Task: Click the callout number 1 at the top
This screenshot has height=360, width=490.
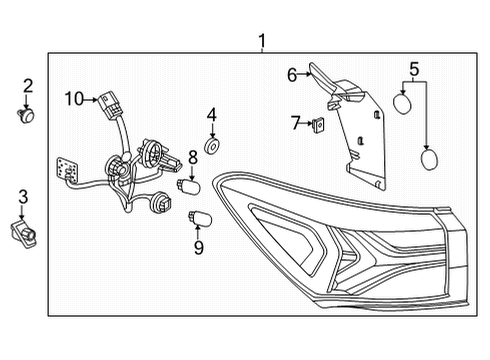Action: point(261,41)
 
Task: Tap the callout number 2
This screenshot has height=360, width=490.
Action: point(28,86)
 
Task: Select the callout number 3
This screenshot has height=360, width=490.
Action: point(23,196)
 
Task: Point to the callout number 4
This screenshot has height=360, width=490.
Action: point(212,115)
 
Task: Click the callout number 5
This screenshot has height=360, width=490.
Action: point(414,70)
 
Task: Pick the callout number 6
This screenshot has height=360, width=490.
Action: point(292,74)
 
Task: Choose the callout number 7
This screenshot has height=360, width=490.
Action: point(295,122)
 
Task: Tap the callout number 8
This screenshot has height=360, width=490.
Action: point(193,158)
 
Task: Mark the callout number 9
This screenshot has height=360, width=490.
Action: point(198,246)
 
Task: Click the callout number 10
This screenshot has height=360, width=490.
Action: point(75,98)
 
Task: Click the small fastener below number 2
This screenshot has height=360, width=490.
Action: point(28,113)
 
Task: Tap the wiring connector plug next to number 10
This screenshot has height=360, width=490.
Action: point(106,101)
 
